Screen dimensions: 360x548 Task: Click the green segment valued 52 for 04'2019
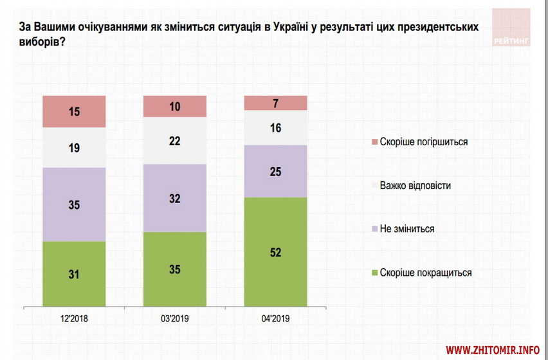[x=275, y=252]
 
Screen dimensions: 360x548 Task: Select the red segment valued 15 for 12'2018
[x=74, y=111]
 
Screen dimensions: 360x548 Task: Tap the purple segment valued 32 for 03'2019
[x=175, y=198]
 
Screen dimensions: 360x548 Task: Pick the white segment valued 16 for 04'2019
[x=275, y=128]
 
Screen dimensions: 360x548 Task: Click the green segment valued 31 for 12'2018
[x=74, y=274]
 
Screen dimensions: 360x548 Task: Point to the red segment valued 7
[x=275, y=103]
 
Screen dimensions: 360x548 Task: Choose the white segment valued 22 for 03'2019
[x=175, y=140]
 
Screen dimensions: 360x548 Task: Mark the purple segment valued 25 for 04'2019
[x=275, y=171]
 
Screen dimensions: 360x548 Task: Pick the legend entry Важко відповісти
[x=414, y=186]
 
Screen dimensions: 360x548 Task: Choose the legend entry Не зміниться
[x=406, y=229]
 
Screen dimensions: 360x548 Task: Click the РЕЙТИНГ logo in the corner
[x=513, y=28]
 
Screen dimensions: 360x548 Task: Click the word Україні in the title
[x=307, y=28]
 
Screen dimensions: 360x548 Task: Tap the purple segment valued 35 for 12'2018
[x=74, y=204]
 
